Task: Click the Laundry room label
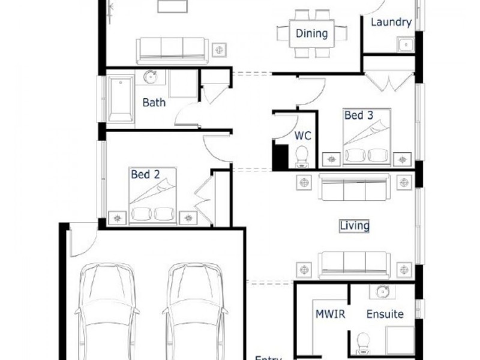[391, 23]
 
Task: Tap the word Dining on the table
[311, 34]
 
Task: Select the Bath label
[154, 102]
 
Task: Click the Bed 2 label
[145, 175]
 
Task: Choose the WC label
[302, 136]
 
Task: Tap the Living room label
[354, 226]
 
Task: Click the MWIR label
[329, 314]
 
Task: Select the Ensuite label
[385, 314]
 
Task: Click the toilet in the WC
[302, 155]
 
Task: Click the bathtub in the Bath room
[121, 99]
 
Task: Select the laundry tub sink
[405, 44]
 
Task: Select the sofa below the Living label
[354, 263]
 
